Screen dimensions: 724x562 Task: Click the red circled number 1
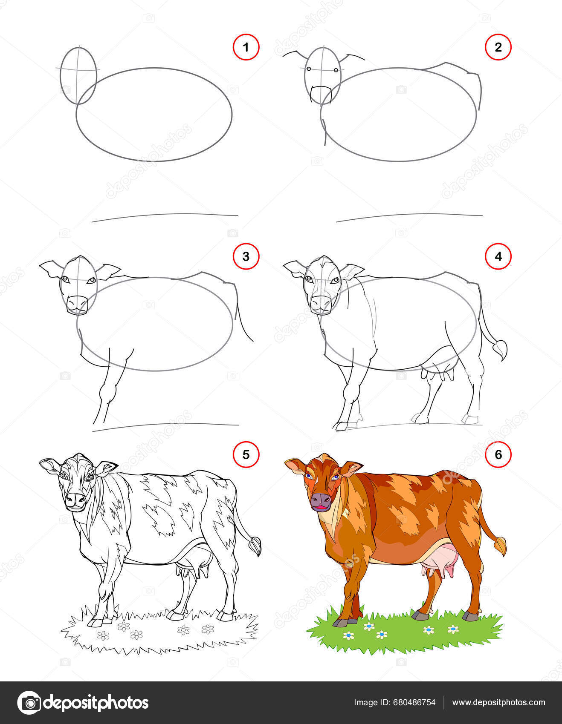(246, 47)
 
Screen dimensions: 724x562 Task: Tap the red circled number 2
(498, 47)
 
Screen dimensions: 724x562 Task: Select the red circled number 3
(246, 256)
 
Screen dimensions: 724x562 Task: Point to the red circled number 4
(498, 256)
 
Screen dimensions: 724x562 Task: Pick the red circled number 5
(246, 455)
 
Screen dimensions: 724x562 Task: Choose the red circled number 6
(498, 455)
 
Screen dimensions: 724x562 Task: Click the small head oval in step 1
(78, 75)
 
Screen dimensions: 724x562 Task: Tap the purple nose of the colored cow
(321, 501)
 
